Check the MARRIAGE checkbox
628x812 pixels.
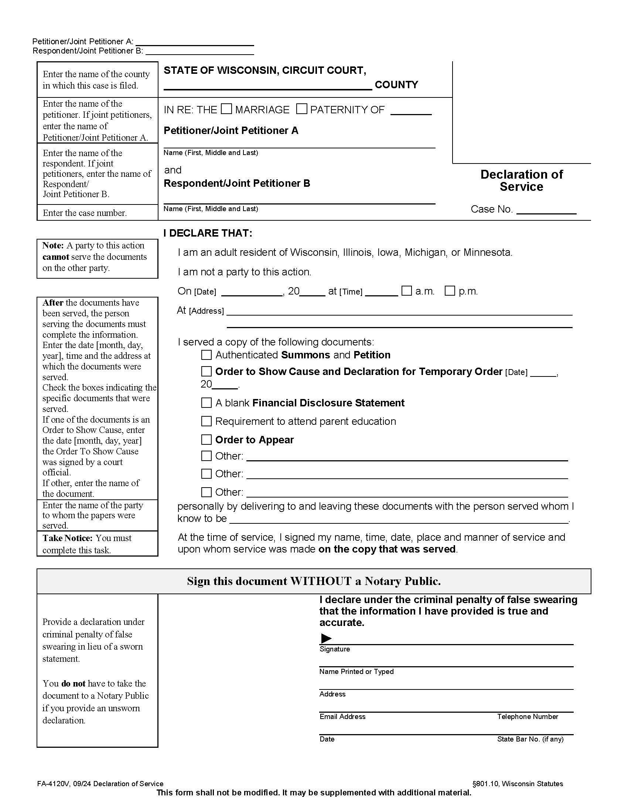tap(226, 109)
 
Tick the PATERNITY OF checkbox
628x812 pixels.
tap(301, 109)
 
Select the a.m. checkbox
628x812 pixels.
tap(407, 291)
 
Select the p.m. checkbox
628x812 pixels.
tap(450, 291)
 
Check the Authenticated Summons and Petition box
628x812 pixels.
tap(206, 355)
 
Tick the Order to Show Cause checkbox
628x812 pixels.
tap(206, 371)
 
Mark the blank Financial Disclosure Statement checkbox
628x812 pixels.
tap(206, 403)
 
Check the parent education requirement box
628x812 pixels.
tap(206, 421)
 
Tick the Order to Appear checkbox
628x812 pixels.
tap(206, 440)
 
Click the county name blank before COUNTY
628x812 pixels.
tap(267, 86)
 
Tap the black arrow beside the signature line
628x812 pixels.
tap(326, 639)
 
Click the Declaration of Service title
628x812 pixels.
tap(521, 180)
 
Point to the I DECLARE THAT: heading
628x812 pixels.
tap(208, 233)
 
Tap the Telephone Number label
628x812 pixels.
tap(528, 716)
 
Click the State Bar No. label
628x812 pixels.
tap(530, 739)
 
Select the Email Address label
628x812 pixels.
tap(342, 716)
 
